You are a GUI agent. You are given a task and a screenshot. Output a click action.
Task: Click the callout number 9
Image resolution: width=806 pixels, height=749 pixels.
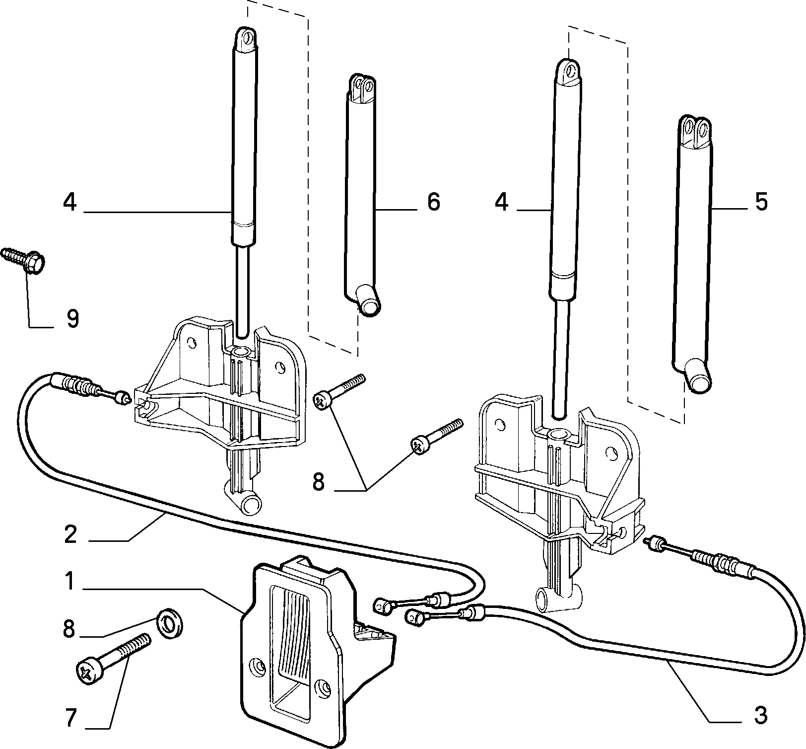click(72, 318)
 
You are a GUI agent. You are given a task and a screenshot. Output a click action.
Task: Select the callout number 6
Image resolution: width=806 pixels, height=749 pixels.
click(433, 202)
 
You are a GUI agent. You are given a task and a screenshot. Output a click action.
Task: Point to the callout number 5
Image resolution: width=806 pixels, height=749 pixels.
click(761, 202)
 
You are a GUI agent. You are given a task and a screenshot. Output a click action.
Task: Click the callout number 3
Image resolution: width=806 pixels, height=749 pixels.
click(760, 715)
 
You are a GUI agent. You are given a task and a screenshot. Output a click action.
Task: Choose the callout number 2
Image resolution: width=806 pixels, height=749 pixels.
click(70, 535)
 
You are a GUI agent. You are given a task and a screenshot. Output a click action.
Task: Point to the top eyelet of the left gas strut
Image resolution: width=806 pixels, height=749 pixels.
click(246, 39)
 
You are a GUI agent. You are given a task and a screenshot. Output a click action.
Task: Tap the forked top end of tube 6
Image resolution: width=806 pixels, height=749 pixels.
click(362, 89)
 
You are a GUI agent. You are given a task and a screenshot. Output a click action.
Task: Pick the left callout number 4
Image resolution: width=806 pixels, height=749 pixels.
click(70, 202)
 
